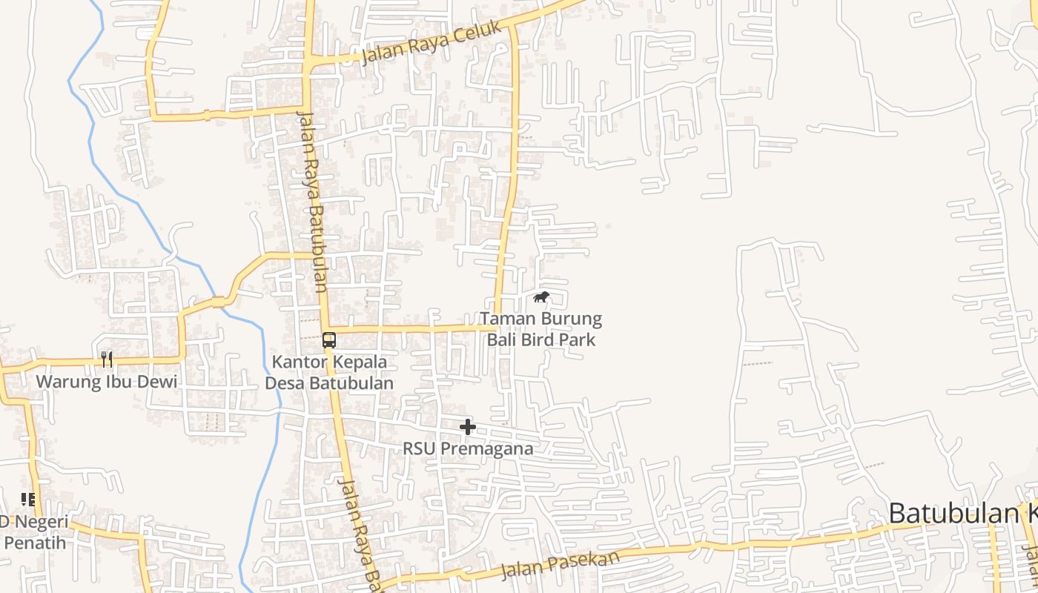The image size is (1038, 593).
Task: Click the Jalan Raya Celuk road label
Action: [427, 44]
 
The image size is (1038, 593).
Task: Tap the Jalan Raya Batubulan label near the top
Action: [313, 200]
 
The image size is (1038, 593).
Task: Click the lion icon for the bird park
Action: [541, 298]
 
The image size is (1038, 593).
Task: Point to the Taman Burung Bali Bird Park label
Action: [541, 330]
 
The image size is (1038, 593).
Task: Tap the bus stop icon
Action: [329, 340]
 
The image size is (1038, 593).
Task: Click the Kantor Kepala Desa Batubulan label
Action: [329, 373]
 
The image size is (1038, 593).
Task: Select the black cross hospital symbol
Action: [468, 427]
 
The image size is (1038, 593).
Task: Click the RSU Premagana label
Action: [468, 448]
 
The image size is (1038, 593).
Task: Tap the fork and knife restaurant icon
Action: [108, 360]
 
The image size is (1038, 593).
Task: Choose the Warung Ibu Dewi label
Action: [107, 382]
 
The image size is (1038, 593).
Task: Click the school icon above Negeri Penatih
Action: [28, 500]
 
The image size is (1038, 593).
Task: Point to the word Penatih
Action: [35, 543]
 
